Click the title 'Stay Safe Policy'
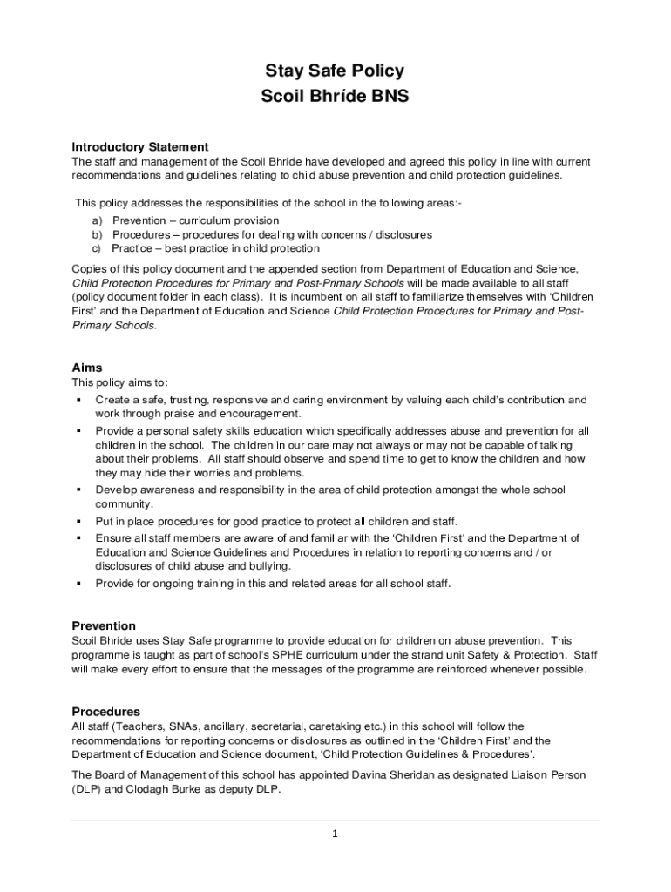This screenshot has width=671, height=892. coord(335,71)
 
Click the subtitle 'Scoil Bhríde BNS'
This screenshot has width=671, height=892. coord(335,96)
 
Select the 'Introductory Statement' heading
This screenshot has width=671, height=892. coord(139,146)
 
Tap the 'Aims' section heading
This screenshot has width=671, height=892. coord(86,368)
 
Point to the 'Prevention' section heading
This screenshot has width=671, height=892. coord(103,625)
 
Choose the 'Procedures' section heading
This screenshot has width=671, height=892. coord(105,711)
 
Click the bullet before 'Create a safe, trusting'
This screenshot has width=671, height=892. coord(78,400)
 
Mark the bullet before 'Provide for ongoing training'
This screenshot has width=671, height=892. coord(78,583)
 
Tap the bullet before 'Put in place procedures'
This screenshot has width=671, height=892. coord(78,522)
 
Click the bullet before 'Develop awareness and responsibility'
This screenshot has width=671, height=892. coord(78,490)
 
